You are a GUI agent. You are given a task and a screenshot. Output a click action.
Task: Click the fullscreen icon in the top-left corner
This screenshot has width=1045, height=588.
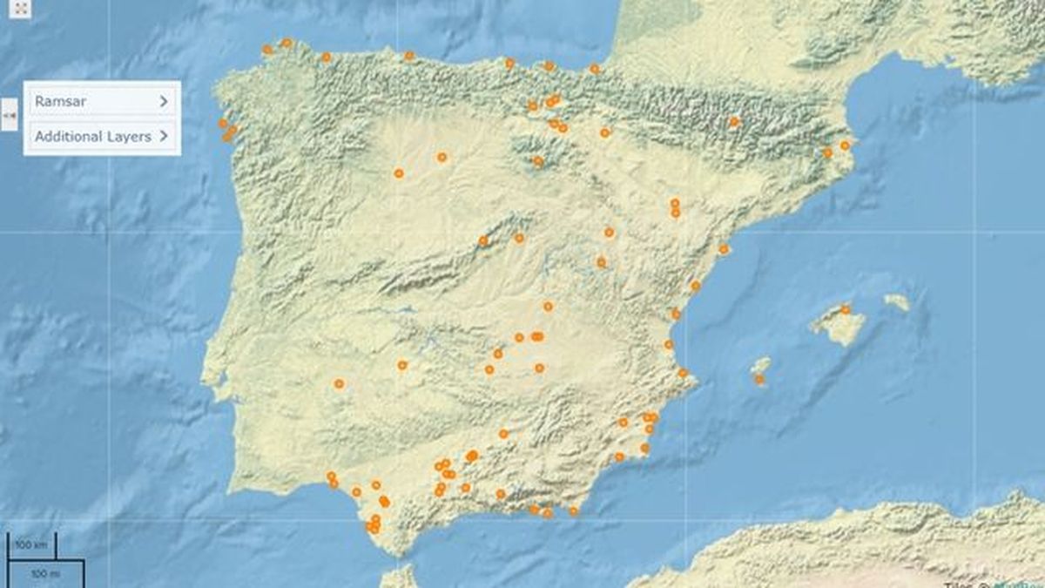coord(23,9)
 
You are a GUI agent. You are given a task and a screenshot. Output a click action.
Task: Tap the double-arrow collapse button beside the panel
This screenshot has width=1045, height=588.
coord(10,114)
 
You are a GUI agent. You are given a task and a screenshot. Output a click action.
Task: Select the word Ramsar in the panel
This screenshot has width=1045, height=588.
coord(60,101)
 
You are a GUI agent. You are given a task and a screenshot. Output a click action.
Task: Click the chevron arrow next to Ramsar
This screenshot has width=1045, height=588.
coord(164,101)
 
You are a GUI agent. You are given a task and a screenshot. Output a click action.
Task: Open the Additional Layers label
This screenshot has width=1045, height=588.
coord(92,137)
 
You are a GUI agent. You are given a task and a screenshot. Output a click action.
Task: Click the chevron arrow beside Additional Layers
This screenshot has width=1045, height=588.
coord(164,137)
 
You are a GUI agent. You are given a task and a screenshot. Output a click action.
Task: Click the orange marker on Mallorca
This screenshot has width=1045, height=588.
coord(845,309)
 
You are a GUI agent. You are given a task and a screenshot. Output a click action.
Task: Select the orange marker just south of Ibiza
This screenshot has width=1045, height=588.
coord(759,379)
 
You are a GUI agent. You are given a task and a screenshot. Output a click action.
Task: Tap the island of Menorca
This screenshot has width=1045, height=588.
coord(897,302)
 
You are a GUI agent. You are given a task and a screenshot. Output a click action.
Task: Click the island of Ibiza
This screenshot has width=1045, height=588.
coord(761,365)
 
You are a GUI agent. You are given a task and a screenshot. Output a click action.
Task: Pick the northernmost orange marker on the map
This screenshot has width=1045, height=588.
coord(286,42)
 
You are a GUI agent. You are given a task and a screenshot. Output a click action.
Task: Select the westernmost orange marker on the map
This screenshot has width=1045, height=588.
coord(222,123)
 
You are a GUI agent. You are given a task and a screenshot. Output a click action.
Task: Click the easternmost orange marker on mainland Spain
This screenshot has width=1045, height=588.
coord(845,145)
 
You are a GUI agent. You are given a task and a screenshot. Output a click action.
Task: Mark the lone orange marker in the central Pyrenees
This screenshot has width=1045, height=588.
coord(734,122)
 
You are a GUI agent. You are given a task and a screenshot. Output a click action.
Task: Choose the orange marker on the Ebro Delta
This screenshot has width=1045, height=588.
coord(723,249)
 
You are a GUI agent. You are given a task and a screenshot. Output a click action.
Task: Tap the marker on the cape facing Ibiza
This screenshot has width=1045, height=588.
coord(683,373)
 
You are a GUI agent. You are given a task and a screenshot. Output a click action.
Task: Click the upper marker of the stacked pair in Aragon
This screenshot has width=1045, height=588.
coord(675,203)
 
